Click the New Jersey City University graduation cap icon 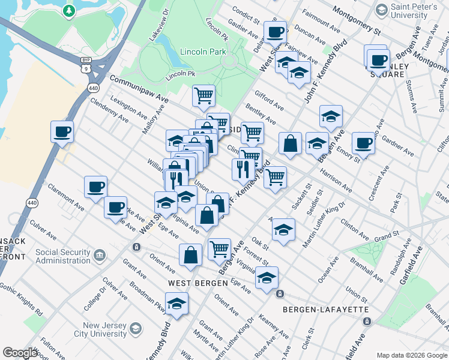click(x=136, y=329)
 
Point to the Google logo click(x=20, y=353)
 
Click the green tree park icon click(x=69, y=11)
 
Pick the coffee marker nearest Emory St click(x=363, y=143)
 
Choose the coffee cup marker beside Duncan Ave click(x=276, y=32)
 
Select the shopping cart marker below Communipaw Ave click(x=203, y=95)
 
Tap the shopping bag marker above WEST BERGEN click(x=190, y=254)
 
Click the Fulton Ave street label click(x=52, y=348)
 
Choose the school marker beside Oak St click(x=283, y=229)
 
